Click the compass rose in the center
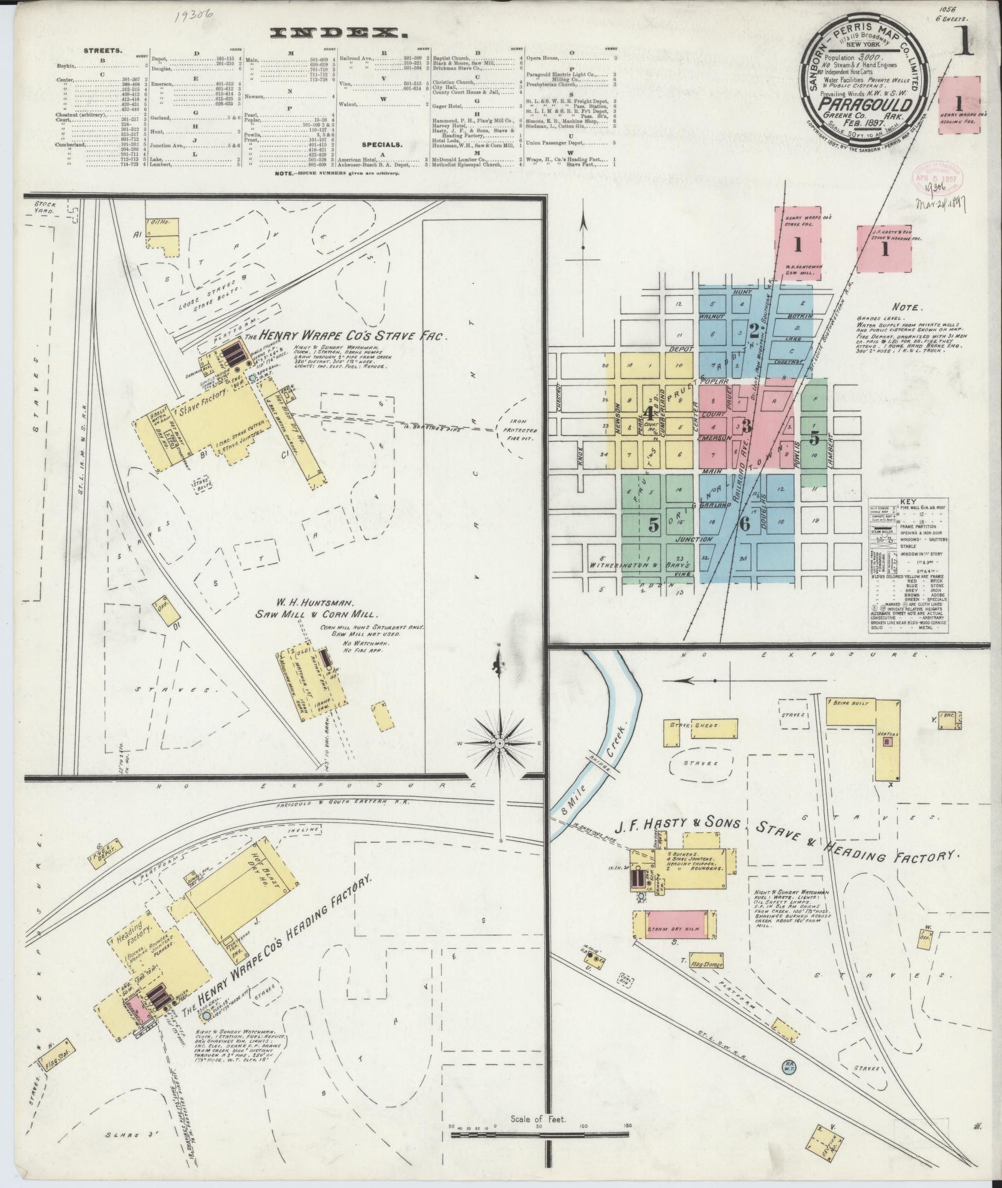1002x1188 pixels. [x=501, y=741]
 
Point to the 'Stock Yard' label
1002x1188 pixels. [x=45, y=207]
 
